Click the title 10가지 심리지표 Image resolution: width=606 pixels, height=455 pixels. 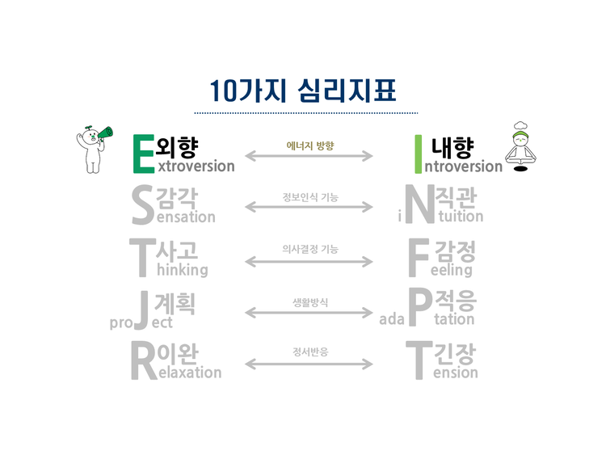(303, 89)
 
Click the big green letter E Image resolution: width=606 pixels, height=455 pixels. (142, 153)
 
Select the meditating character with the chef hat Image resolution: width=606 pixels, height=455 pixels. (521, 147)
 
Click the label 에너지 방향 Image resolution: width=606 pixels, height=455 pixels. (309, 146)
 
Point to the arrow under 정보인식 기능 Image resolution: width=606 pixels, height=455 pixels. (309, 208)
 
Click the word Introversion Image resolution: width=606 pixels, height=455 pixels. (462, 166)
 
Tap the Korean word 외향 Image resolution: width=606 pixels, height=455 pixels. (177, 145)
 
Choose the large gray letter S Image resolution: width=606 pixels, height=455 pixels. (141, 205)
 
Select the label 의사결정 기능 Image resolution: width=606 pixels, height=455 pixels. (309, 249)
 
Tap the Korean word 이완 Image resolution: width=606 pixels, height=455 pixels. (180, 354)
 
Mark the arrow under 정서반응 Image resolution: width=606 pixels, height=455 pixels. (309, 364)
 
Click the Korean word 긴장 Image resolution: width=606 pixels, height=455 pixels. (455, 354)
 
